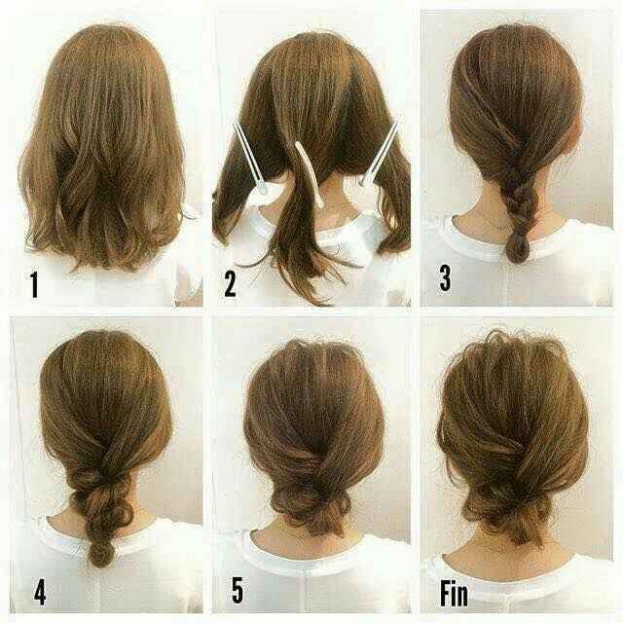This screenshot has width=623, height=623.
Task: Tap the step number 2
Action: tap(231, 283)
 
